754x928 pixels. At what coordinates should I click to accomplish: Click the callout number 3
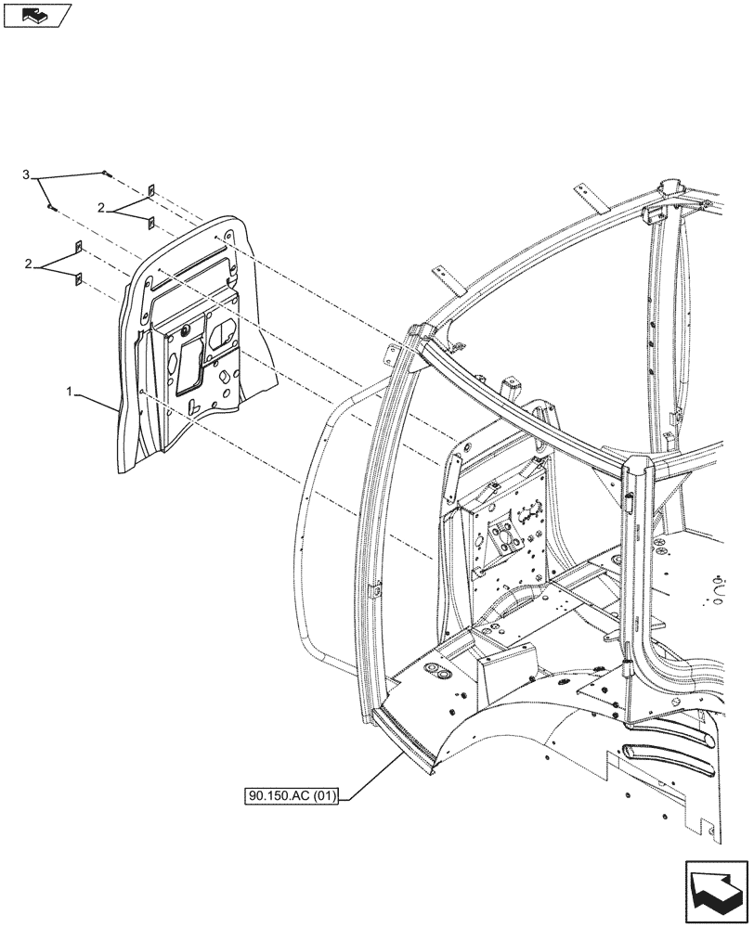pyautogui.click(x=27, y=174)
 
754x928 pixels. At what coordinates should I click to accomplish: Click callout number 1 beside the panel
pyautogui.click(x=70, y=394)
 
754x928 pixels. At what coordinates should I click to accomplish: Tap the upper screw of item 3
pyautogui.click(x=107, y=174)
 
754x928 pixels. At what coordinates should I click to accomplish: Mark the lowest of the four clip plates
pyautogui.click(x=79, y=277)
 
